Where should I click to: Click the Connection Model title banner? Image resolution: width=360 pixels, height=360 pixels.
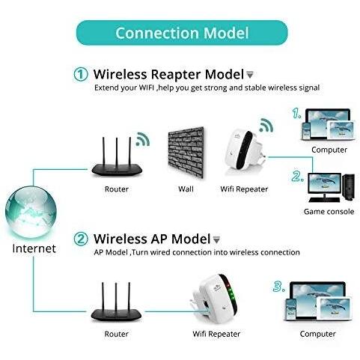pos(182,33)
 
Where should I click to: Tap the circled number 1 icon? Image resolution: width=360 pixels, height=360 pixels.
pos(81,74)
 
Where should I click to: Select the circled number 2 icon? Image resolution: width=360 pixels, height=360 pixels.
pos(81,239)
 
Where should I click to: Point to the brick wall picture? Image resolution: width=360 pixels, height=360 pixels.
pos(186,152)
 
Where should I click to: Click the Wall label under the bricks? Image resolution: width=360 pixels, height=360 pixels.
pos(186,189)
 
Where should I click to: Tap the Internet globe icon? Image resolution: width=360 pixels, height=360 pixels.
pos(31,212)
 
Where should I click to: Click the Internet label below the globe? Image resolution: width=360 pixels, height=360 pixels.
pos(34,248)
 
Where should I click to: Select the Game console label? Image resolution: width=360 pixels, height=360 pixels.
pos(329,212)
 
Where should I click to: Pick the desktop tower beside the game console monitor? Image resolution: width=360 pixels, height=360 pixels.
pos(349,187)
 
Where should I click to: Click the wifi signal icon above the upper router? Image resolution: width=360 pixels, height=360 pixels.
pos(143,139)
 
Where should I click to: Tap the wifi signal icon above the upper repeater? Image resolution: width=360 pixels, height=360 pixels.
pos(266,125)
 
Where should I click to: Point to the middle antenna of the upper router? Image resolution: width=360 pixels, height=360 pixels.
pos(117,152)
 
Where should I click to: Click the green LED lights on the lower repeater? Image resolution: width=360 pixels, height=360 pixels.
pos(231,294)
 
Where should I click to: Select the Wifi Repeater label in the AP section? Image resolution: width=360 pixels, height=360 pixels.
pos(216,334)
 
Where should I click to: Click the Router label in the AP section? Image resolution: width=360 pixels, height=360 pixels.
pos(116,334)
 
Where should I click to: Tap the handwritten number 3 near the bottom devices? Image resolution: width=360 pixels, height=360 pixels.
pos(278,286)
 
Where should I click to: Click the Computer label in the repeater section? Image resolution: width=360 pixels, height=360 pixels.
pos(329,150)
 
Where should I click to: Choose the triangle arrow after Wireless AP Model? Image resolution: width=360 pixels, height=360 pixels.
pos(216,240)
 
